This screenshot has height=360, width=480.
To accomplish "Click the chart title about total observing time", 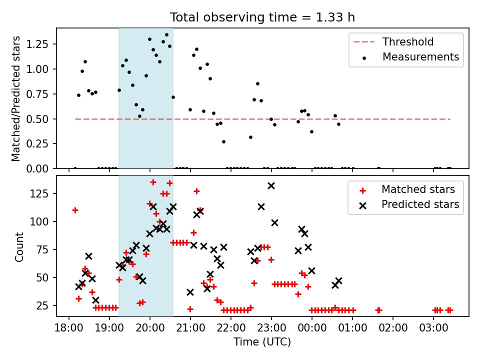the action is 262,17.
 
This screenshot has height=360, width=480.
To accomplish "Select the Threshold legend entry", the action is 393,41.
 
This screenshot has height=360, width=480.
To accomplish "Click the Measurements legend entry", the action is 410,57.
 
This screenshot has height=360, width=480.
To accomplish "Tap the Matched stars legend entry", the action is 407,189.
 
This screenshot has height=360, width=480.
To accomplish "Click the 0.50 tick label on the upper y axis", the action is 37,119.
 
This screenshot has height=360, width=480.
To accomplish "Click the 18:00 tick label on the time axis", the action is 69,328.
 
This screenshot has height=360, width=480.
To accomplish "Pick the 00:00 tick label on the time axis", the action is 312,328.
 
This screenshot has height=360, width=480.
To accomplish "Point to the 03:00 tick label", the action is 433,328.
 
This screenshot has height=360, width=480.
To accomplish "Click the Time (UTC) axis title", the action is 262,341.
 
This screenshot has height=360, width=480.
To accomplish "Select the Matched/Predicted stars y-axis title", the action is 15,98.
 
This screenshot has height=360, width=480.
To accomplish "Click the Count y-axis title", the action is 19,247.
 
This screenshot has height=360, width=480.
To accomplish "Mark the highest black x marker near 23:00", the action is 271,186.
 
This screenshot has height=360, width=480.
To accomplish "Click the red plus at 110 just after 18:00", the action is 75,210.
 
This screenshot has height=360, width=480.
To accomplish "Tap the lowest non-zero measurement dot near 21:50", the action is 224,141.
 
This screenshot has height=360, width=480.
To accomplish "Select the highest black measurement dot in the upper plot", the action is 166,35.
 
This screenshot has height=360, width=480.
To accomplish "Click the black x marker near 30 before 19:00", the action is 95,300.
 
